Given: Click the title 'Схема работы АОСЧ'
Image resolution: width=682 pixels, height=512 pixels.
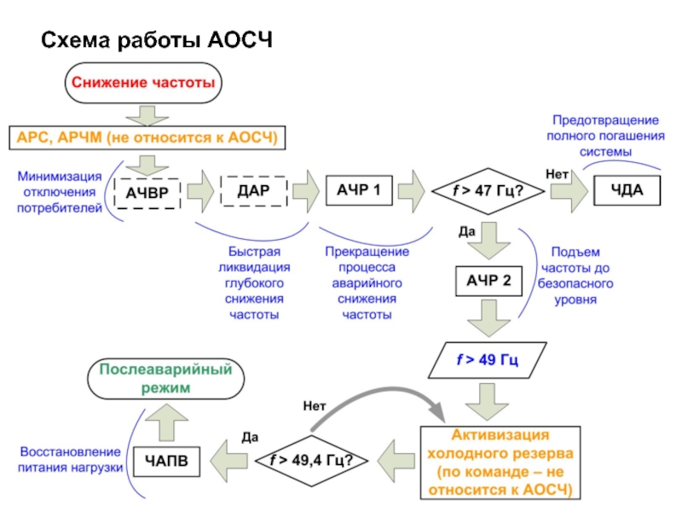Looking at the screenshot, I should [157, 40].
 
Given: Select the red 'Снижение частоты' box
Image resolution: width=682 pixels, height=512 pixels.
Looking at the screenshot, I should [141, 84].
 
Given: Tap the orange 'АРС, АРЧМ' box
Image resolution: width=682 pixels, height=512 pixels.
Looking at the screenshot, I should [145, 137].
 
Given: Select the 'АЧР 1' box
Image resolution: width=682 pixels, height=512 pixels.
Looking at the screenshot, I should [359, 191].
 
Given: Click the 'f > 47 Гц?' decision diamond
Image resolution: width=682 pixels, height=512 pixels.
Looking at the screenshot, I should [487, 191].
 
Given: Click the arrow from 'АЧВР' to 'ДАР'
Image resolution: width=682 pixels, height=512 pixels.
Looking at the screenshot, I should [199, 192].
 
